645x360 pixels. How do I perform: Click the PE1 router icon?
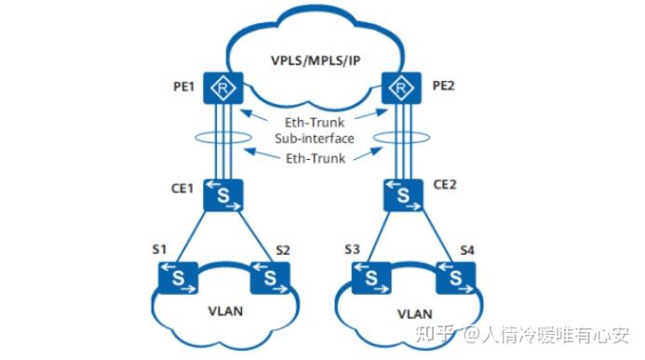(223, 90)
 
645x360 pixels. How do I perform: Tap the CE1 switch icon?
(223, 195)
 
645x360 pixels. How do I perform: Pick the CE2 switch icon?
(402, 195)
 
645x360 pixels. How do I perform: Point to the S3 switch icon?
(369, 276)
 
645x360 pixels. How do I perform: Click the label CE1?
(181, 187)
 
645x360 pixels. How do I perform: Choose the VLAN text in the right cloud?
(416, 314)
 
